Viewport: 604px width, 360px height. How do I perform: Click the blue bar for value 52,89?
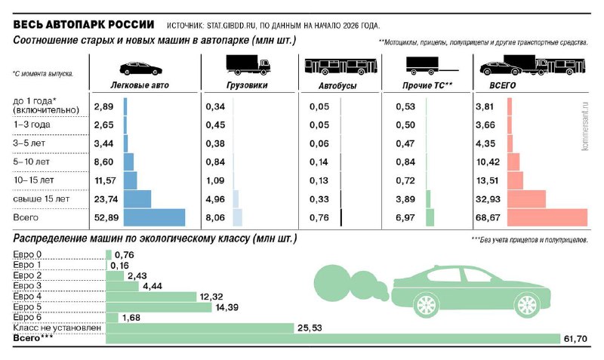(154, 217)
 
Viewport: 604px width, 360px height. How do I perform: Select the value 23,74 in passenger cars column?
(104, 198)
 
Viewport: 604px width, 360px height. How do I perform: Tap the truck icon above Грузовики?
(248, 66)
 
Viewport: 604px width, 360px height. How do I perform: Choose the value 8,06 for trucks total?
(215, 217)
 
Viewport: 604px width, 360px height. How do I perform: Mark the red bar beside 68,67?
(547, 217)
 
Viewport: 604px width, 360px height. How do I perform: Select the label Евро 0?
(28, 255)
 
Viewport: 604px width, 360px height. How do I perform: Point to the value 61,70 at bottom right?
(575, 338)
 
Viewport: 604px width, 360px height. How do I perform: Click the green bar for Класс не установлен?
(199, 328)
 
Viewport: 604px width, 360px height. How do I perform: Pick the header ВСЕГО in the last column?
(493, 86)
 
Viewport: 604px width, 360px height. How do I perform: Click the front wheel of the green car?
(525, 304)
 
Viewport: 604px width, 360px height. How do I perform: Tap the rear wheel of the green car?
(425, 304)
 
